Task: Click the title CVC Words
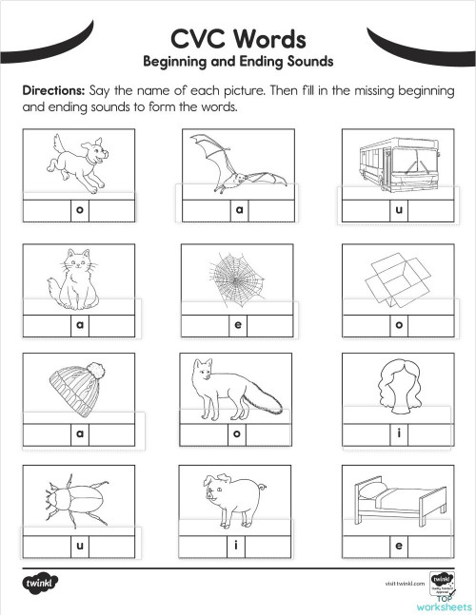(237, 38)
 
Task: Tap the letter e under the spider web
(239, 325)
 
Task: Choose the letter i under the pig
(239, 547)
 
